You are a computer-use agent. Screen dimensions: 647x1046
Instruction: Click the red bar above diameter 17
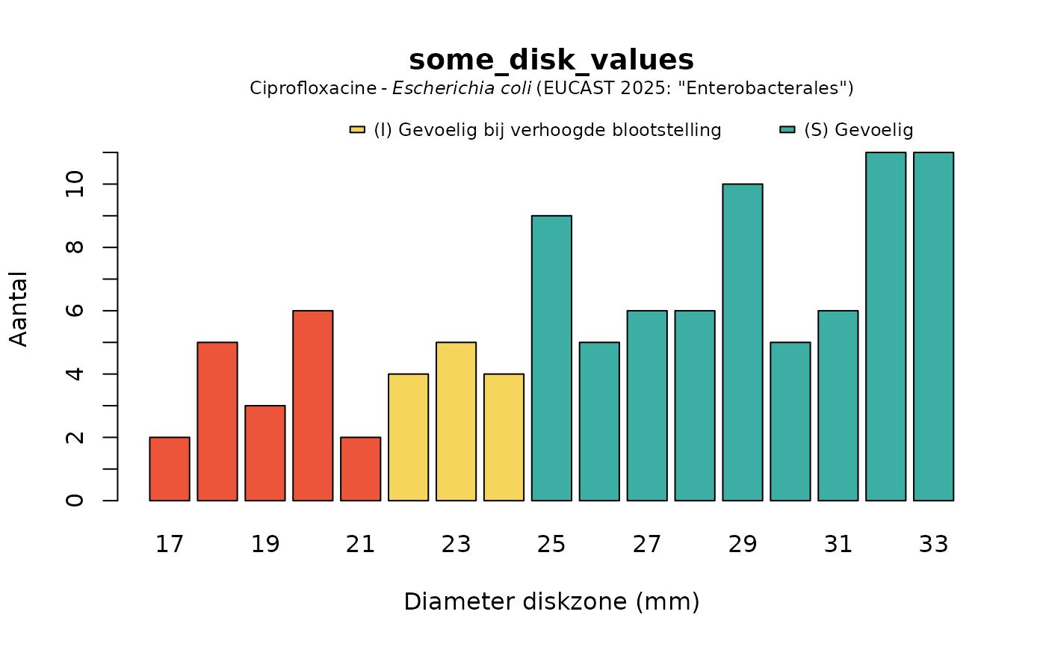[170, 468]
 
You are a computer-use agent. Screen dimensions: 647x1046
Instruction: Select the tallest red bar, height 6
[313, 405]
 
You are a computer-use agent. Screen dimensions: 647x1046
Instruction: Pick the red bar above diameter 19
[265, 453]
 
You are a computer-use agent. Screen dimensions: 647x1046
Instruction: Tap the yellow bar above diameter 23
[457, 421]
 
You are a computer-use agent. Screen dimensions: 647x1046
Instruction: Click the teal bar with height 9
[551, 358]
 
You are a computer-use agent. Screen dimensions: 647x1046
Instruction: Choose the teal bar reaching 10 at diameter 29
[743, 342]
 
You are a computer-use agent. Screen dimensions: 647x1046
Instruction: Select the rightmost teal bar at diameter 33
[933, 326]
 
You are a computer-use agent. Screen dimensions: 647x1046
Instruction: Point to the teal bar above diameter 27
[647, 405]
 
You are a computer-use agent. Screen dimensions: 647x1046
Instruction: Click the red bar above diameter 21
[361, 468]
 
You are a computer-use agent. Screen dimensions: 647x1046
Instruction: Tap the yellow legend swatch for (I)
[357, 130]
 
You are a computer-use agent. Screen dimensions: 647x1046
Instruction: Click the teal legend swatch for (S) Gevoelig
[787, 130]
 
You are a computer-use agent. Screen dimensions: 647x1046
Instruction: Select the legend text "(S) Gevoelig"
[858, 130]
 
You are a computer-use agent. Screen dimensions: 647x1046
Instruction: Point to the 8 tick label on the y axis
[75, 247]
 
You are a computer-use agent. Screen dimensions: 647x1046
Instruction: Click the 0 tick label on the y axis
[75, 501]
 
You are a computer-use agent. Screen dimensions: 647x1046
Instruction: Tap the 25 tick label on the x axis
[551, 545]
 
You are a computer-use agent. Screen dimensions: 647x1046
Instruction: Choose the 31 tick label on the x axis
[838, 545]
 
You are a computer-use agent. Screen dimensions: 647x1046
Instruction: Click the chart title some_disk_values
[551, 60]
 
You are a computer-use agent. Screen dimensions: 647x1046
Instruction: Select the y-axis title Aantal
[19, 309]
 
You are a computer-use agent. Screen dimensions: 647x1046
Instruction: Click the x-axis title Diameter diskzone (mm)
[551, 601]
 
